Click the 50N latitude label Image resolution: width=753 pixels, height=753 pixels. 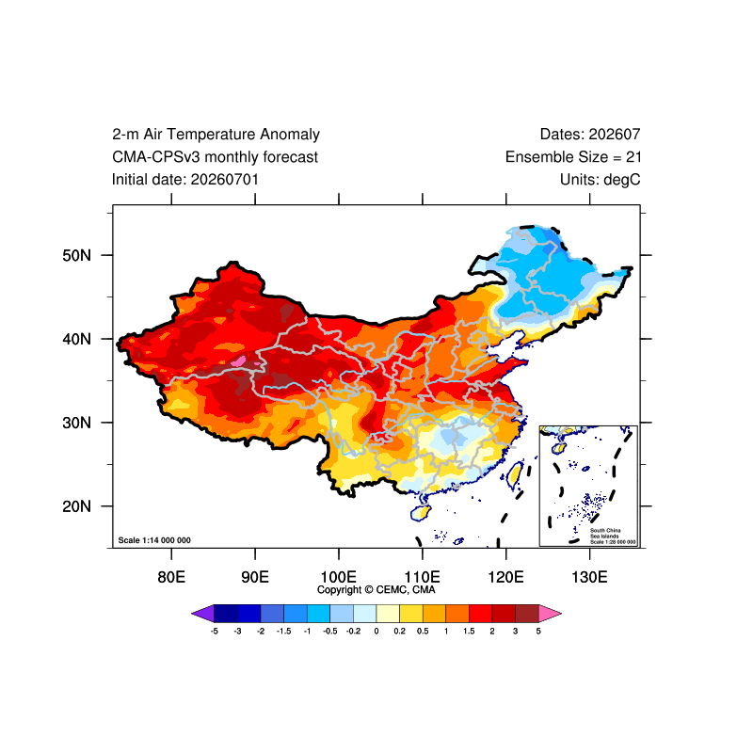(x=76, y=255)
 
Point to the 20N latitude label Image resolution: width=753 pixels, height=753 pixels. (x=76, y=506)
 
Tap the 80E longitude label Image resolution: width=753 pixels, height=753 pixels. (x=171, y=577)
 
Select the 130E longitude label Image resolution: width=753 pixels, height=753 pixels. (x=589, y=577)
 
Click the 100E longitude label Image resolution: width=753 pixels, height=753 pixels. (x=339, y=577)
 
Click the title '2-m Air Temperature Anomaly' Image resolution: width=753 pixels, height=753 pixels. (x=216, y=135)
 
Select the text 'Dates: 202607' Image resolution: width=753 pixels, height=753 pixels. (x=590, y=135)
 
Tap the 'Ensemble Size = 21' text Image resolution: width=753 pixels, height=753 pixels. (x=573, y=157)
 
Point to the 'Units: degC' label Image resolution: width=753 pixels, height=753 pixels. (x=601, y=180)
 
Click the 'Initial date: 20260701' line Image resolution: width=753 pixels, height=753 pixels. (x=185, y=180)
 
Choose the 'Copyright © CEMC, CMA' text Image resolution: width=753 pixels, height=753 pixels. (x=376, y=590)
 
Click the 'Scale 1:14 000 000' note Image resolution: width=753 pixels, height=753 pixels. (x=154, y=540)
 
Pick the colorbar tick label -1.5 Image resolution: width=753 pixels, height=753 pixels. (x=284, y=631)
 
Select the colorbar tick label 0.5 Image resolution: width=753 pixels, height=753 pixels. (x=423, y=631)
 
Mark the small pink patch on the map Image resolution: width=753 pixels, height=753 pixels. (x=239, y=360)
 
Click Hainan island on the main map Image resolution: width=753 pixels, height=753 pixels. (x=421, y=512)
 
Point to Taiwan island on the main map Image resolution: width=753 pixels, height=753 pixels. (x=515, y=475)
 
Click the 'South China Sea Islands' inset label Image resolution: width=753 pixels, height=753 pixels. (x=605, y=533)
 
